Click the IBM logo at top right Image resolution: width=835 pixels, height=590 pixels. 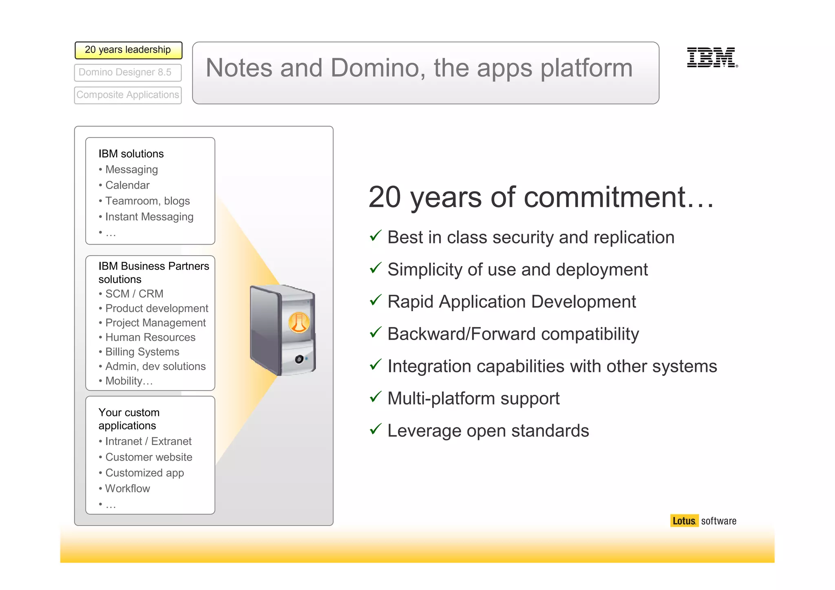click(x=712, y=57)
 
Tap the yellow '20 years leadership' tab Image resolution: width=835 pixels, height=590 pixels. click(x=128, y=50)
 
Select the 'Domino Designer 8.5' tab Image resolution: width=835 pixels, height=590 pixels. click(x=128, y=73)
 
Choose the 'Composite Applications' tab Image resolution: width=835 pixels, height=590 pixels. click(x=128, y=95)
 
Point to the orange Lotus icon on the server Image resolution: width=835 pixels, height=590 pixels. click(x=299, y=323)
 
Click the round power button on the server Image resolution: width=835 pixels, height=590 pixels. click(x=299, y=359)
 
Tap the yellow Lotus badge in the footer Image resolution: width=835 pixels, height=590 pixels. click(x=684, y=521)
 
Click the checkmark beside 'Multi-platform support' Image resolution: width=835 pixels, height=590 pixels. click(x=375, y=396)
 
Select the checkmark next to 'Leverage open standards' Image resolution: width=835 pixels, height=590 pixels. click(x=375, y=429)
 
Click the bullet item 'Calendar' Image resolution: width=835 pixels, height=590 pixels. click(x=127, y=185)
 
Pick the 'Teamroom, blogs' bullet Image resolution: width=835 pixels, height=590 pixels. click(x=147, y=201)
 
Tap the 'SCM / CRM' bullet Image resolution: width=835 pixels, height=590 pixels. click(x=134, y=294)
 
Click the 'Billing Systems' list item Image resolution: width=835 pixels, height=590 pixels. click(x=142, y=351)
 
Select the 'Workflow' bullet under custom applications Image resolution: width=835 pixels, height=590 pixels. click(x=127, y=488)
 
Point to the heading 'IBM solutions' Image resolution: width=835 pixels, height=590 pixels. click(x=131, y=154)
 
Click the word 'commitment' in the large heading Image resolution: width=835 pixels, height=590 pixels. click(x=603, y=198)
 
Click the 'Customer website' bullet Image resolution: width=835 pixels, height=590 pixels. click(x=148, y=457)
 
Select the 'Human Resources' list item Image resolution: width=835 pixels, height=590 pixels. click(x=150, y=337)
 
